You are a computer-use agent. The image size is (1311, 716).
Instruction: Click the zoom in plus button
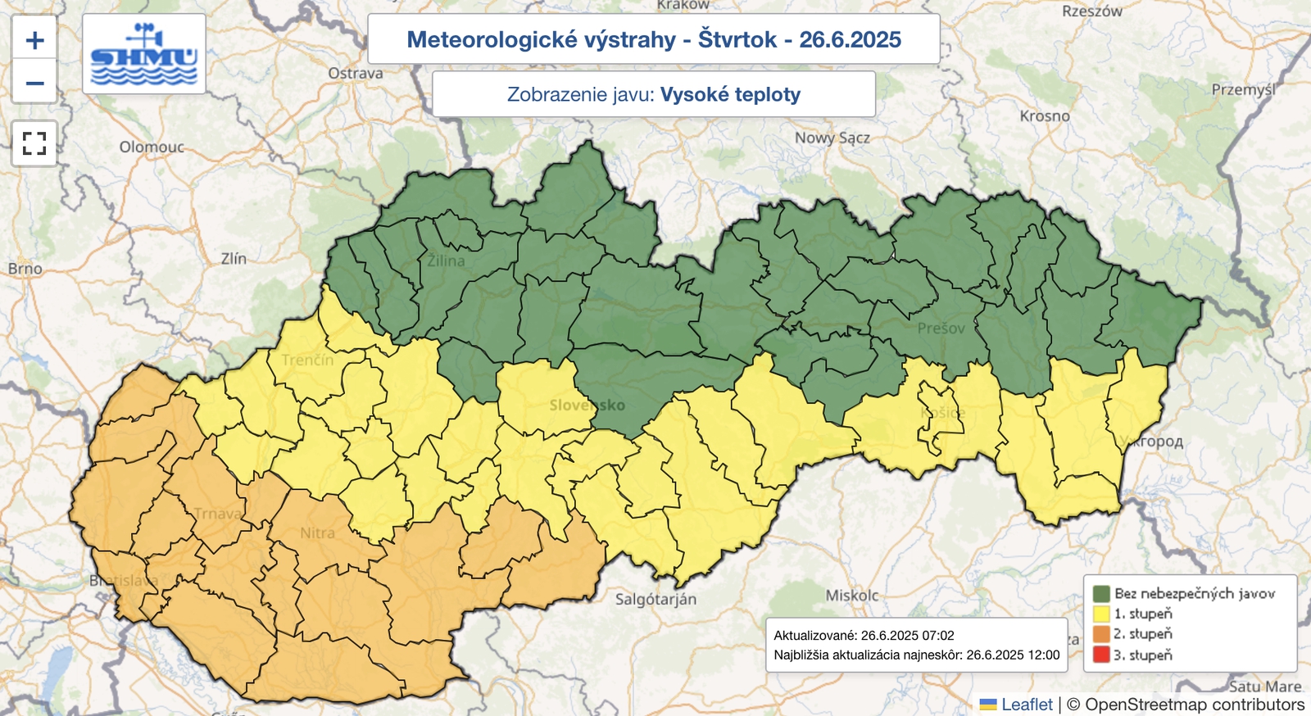click(34, 39)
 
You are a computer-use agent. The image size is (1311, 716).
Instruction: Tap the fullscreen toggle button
click(34, 144)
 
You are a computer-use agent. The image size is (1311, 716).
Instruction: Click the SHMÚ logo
click(144, 54)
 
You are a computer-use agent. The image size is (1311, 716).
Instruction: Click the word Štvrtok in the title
click(737, 39)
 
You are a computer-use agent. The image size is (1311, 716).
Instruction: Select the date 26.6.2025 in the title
click(850, 39)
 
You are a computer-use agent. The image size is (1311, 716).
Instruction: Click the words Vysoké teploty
click(730, 94)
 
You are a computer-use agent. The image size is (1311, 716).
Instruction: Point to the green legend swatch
click(1101, 593)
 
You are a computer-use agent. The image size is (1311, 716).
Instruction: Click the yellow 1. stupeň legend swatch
click(1101, 614)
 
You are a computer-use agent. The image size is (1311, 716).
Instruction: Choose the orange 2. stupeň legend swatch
click(1101, 634)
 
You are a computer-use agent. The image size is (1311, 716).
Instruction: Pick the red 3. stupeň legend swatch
click(1101, 655)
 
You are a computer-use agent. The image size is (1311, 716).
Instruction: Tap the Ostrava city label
click(356, 73)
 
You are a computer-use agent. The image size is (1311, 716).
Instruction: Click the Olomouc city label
click(152, 147)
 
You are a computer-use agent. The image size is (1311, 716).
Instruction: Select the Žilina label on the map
click(446, 261)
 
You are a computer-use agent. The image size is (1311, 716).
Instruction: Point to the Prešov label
click(941, 329)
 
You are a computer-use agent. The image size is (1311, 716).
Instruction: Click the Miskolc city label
click(852, 596)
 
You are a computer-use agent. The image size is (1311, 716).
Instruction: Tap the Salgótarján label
click(655, 599)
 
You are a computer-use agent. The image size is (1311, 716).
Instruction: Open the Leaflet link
click(1027, 705)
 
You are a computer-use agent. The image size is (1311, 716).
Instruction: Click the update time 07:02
click(937, 635)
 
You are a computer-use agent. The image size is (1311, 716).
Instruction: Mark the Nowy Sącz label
click(832, 138)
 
